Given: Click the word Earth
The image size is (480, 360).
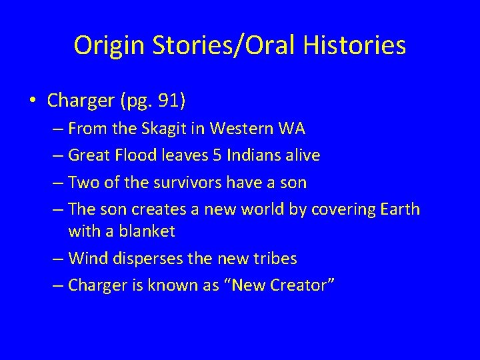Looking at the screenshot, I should tap(398, 209).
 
